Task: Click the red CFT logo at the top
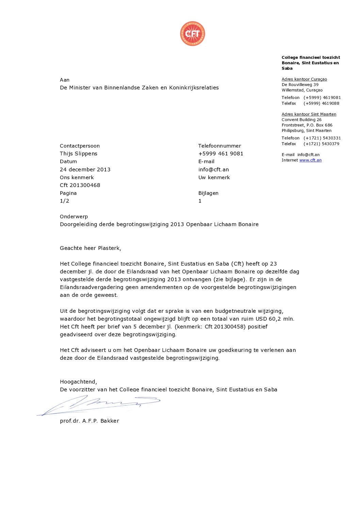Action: click(x=193, y=33)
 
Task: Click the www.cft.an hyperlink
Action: click(x=310, y=160)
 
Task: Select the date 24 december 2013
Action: click(x=85, y=169)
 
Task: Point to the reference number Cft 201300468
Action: click(x=80, y=185)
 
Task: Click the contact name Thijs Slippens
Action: click(x=79, y=153)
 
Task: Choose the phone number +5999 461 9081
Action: click(x=221, y=153)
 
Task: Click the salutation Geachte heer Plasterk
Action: click(x=91, y=248)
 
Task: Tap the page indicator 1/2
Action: click(x=64, y=201)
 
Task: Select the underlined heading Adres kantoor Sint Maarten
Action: click(x=309, y=114)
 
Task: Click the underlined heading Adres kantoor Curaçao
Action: click(x=304, y=79)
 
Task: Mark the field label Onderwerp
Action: click(x=74, y=216)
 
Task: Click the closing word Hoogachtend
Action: click(x=78, y=381)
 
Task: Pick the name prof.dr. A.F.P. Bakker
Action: click(x=89, y=421)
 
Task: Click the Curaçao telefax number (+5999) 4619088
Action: click(x=322, y=103)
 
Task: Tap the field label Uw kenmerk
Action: click(x=214, y=177)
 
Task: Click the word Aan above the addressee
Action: click(x=65, y=80)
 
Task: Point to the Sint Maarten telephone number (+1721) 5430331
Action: click(x=322, y=138)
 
